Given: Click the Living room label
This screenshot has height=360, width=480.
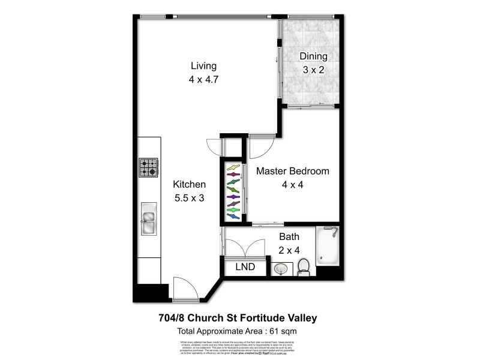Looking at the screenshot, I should tap(203, 66).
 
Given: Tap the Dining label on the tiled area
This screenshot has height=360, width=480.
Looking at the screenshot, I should tap(314, 57).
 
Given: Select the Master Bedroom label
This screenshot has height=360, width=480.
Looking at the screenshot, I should tap(293, 171).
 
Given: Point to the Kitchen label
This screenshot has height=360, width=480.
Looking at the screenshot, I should tap(190, 185).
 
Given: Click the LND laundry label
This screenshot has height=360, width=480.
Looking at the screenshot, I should tap(244, 266).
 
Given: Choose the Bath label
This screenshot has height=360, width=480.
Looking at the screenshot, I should tap(289, 238).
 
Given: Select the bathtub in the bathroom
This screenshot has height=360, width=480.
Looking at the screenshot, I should tap(328, 247).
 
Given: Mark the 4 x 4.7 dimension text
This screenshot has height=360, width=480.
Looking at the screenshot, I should tap(203, 78).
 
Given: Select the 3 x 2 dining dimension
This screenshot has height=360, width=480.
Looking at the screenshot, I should tap(314, 69).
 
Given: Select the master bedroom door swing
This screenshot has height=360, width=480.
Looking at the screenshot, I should tap(262, 145).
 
